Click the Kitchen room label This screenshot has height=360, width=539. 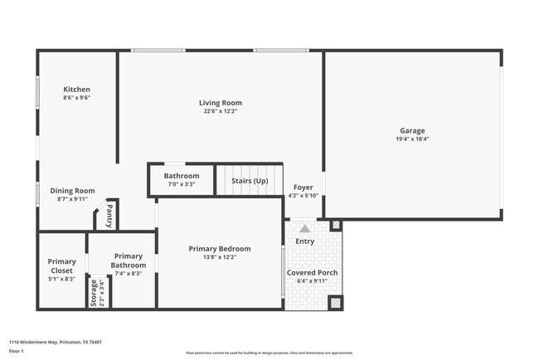click(77, 90)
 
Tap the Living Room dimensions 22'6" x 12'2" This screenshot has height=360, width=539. click(220, 111)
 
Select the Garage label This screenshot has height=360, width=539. click(412, 131)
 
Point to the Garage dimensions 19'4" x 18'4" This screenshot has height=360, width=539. click(412, 139)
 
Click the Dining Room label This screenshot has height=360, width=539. click(73, 190)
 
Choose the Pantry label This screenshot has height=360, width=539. click(109, 216)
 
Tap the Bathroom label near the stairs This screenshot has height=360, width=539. click(181, 176)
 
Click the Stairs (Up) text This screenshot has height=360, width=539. click(249, 180)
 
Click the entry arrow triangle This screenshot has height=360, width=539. click(304, 228)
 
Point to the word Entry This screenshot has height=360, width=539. click(305, 241)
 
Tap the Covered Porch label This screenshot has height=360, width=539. click(312, 272)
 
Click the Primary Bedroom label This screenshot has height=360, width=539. click(219, 249)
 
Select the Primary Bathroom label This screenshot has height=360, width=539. click(129, 260)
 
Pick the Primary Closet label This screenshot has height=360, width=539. click(61, 265)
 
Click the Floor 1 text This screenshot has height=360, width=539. click(17, 351)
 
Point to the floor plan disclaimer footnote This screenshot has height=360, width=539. click(268, 352)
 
